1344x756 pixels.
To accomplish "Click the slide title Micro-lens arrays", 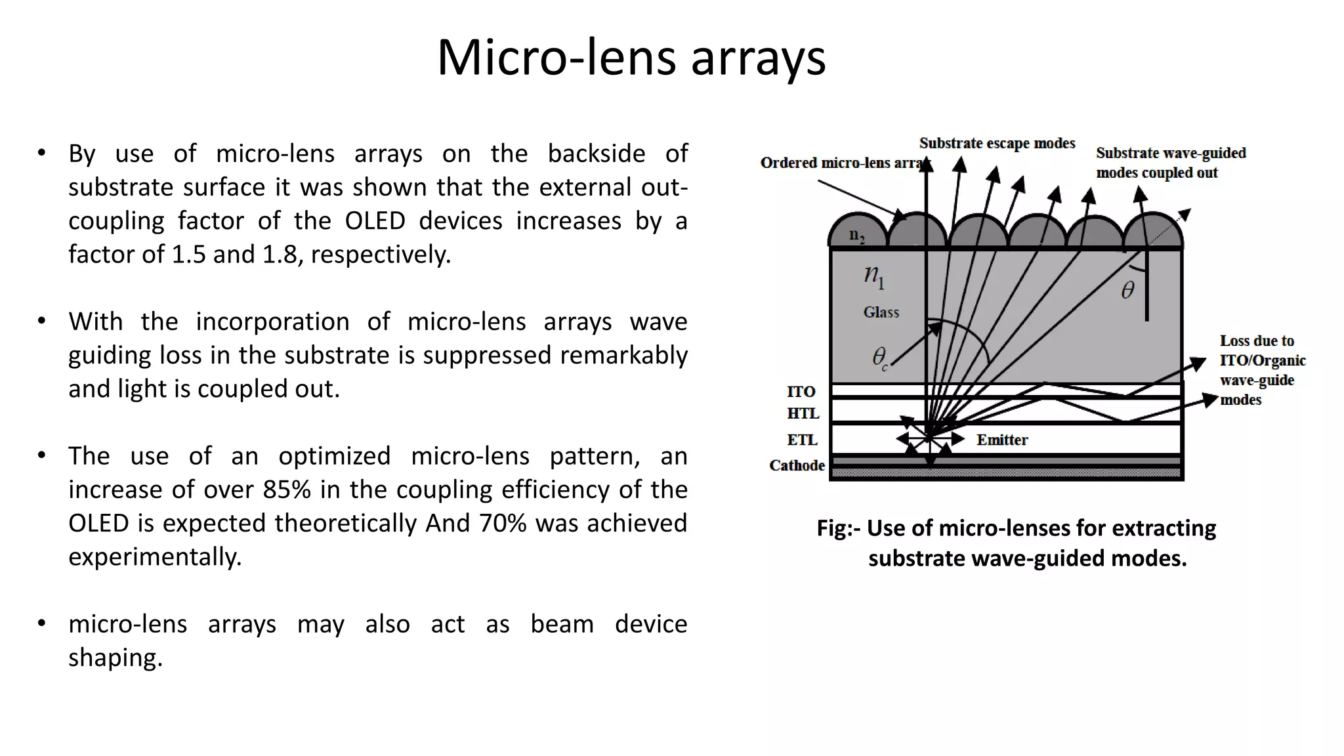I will pyautogui.click(x=631, y=58).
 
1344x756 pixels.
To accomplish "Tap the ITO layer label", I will pyautogui.click(x=801, y=392).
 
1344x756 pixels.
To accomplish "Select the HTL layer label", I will pyautogui.click(x=803, y=413).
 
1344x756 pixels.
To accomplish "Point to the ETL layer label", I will pyautogui.click(x=802, y=440).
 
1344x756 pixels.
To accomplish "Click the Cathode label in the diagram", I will pyautogui.click(x=797, y=465).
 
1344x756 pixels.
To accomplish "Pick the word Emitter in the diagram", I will pyautogui.click(x=1002, y=440).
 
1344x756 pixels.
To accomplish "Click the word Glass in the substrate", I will pyautogui.click(x=881, y=312).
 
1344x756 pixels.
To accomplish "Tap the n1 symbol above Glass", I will pyautogui.click(x=874, y=276).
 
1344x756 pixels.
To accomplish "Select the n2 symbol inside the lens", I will pyautogui.click(x=856, y=235).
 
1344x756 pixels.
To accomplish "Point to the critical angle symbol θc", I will pyautogui.click(x=879, y=358).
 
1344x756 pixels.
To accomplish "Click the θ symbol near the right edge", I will pyautogui.click(x=1127, y=290).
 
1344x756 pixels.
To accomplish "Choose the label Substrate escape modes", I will pyautogui.click(x=997, y=143).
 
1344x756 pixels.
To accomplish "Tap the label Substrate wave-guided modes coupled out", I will pyautogui.click(x=1170, y=163).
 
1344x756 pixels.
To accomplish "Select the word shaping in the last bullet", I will pyautogui.click(x=115, y=658).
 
